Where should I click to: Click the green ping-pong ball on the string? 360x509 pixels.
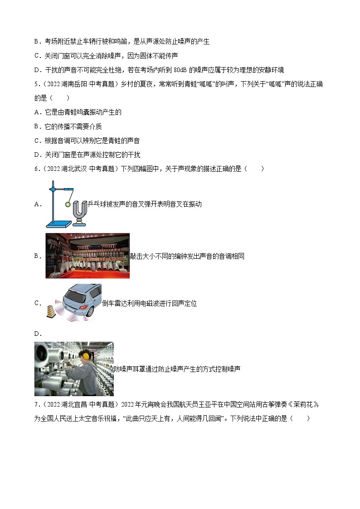68,204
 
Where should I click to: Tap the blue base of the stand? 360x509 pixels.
59,223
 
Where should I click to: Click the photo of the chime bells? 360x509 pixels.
88,256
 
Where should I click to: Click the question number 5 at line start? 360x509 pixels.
36,85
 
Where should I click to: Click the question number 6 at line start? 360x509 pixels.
36,169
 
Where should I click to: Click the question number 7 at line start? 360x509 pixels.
36,405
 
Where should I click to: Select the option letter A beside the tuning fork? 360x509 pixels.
36,204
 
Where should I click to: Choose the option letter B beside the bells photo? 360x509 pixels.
36,256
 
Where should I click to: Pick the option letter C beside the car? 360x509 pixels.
36,303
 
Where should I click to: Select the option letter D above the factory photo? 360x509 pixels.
36,334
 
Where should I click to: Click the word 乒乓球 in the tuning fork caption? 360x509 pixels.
96,204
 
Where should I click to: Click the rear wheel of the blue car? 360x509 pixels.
90,312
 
